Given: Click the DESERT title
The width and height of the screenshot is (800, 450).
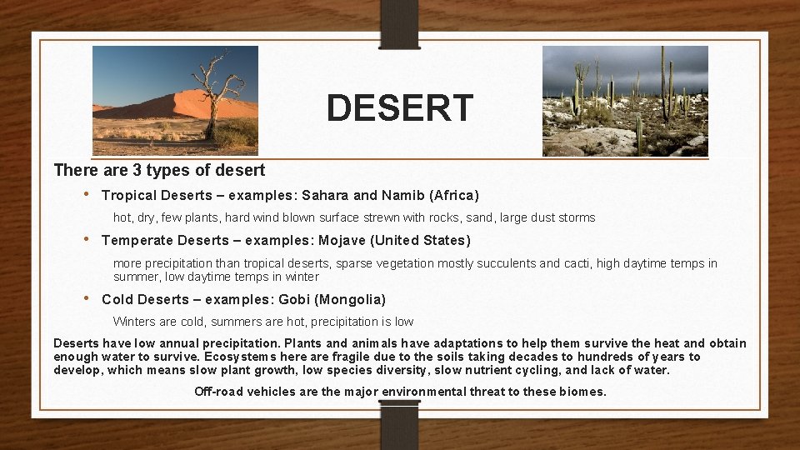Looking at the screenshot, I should click(400, 108).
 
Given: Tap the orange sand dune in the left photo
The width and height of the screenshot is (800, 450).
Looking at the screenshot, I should click(175, 104).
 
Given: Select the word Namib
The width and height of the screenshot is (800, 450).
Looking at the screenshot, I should click(403, 196).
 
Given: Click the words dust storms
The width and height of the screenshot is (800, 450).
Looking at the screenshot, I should click(556, 217).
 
